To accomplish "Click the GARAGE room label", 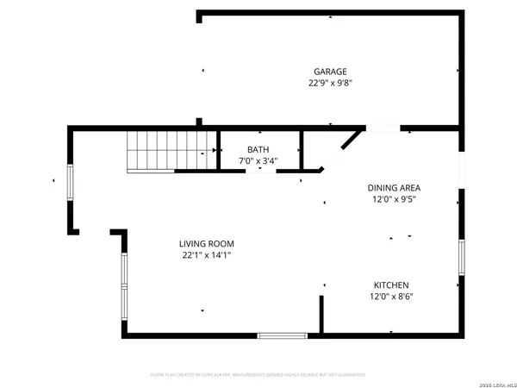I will coord(331,72).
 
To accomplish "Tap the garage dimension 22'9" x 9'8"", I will coord(331,84).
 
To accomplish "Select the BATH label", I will coord(258,149).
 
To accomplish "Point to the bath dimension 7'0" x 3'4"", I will coord(258,161).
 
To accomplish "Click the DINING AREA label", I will coord(394,187).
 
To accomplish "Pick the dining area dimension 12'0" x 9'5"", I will coord(394,199).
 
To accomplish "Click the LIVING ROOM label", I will coord(207,243).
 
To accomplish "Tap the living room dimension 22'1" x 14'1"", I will coord(207,255).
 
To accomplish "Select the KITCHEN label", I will coord(390,285).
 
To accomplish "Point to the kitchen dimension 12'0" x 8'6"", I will coord(390,297).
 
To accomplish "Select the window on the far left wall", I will coord(72,180).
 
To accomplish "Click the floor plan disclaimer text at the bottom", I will coord(258,375).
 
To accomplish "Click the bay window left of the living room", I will coord(124,285).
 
